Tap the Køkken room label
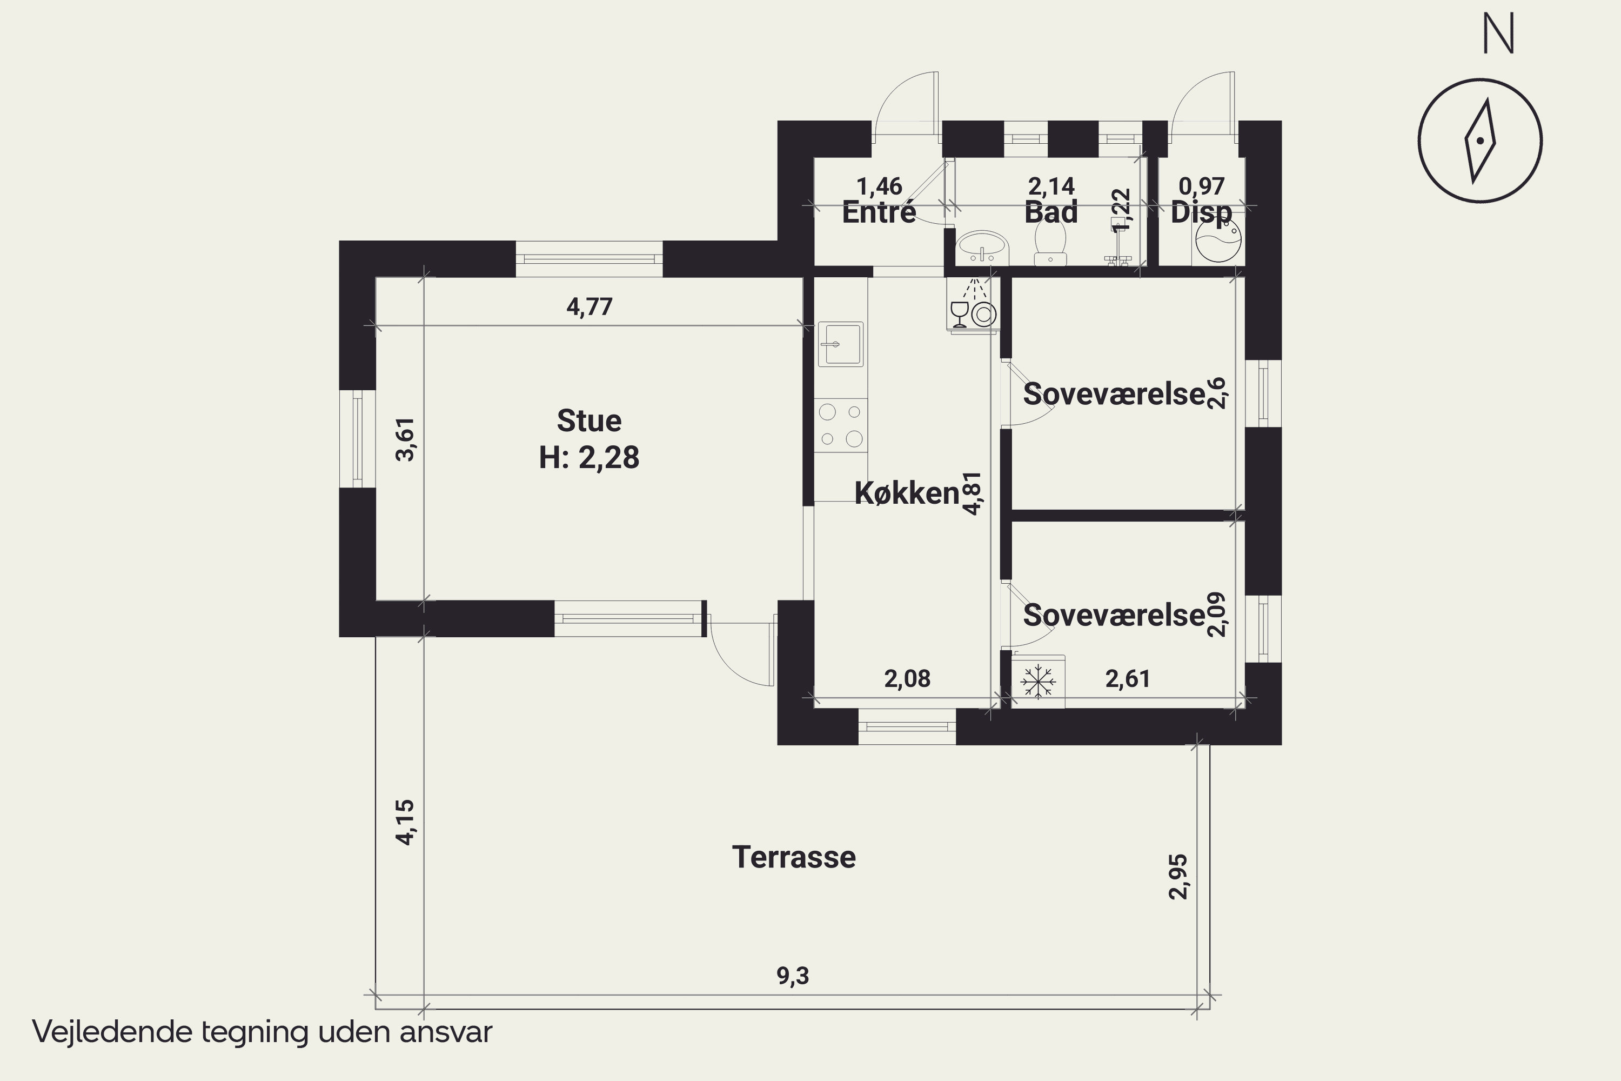coord(907,493)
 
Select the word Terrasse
coord(794,857)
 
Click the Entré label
coord(879,212)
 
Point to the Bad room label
coord(1050,212)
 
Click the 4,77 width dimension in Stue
coord(590,306)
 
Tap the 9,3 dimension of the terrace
coord(793,976)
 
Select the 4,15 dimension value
coord(405,822)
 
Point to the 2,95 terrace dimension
coord(1178,877)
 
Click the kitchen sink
coord(840,343)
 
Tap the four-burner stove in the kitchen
coord(841,425)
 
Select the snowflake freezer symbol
coord(1038,681)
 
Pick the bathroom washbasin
coord(982,247)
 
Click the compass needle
coord(1480,141)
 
